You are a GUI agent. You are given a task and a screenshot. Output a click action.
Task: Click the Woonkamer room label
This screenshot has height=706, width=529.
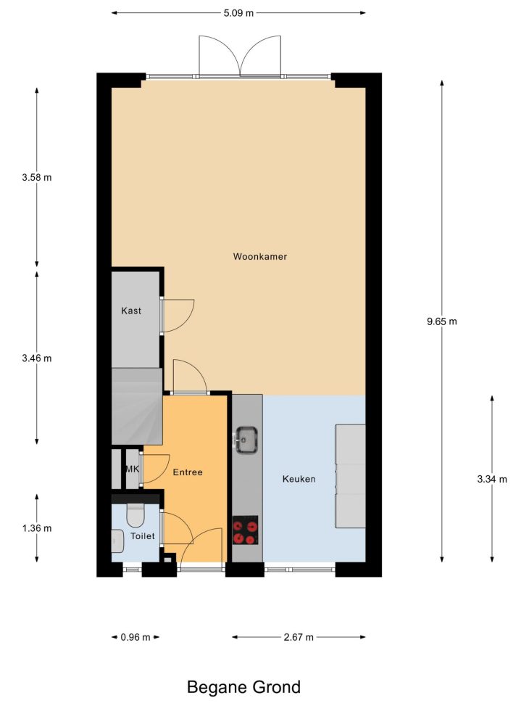[260, 257]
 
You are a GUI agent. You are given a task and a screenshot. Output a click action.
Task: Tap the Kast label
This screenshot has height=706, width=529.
[131, 311]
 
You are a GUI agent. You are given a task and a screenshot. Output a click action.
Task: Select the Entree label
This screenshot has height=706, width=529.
[188, 472]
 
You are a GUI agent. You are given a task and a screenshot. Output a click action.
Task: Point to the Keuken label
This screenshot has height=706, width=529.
[299, 479]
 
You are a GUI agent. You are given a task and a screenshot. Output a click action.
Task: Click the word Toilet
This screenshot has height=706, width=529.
[143, 536]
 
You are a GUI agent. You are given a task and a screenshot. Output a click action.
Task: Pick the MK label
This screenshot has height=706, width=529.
[132, 469]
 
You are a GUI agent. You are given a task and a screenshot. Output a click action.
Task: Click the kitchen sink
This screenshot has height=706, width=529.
[246, 440]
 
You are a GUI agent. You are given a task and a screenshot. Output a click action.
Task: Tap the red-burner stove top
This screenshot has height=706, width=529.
[245, 530]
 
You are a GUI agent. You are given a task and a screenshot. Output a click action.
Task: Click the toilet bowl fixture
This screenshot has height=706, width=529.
[135, 515]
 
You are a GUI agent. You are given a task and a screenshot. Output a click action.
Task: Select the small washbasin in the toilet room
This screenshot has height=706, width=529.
[117, 541]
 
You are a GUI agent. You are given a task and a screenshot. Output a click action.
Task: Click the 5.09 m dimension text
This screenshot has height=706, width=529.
[238, 13]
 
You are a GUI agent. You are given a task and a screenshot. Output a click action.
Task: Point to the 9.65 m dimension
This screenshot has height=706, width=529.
[442, 321]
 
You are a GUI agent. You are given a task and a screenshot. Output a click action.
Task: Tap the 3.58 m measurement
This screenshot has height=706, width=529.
[37, 177]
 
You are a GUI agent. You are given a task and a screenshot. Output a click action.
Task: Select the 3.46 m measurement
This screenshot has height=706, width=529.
[37, 358]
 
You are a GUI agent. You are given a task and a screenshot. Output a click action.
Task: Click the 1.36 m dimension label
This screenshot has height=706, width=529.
[37, 528]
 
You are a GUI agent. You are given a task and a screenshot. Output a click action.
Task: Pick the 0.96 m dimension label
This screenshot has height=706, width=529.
[136, 637]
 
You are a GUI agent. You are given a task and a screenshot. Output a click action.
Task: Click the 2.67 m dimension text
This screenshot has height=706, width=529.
[299, 637]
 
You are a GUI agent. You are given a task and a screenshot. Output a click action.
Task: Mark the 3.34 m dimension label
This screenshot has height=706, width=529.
[492, 480]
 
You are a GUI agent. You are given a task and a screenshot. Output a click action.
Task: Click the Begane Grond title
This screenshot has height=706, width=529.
[243, 688]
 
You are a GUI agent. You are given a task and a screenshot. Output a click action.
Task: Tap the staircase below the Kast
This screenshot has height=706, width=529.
[137, 406]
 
